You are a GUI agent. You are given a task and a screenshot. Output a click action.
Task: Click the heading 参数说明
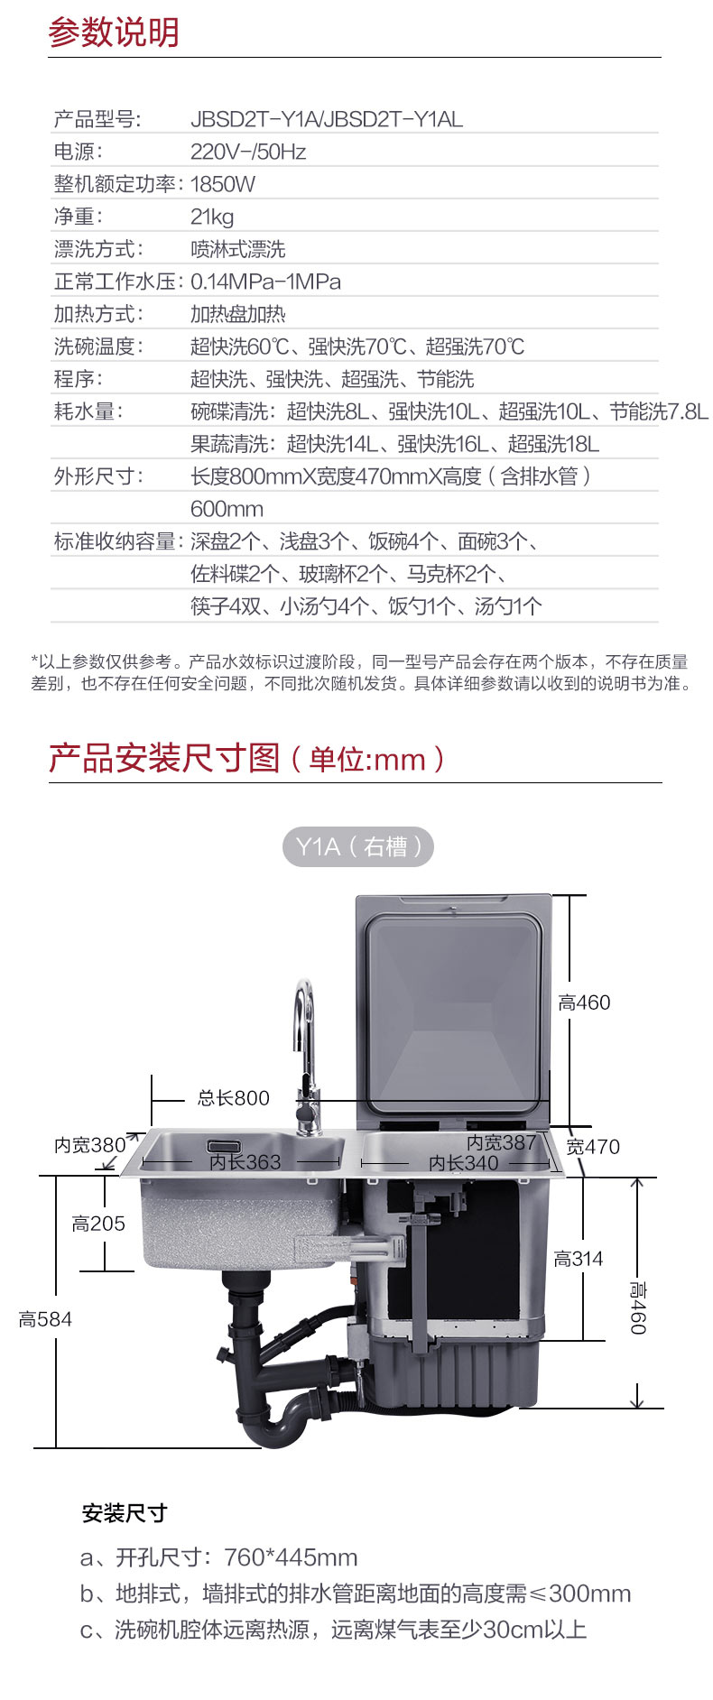(x=114, y=32)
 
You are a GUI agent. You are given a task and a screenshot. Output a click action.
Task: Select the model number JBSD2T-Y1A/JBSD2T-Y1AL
(x=326, y=119)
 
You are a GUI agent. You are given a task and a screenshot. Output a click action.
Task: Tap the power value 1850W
(x=222, y=184)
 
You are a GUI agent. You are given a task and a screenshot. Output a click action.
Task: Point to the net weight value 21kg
(x=212, y=217)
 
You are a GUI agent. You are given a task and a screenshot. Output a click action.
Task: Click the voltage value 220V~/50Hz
(x=247, y=152)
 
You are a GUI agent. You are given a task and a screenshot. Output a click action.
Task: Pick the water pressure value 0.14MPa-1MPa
(x=265, y=282)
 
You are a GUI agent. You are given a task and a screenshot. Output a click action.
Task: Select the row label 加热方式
(x=98, y=314)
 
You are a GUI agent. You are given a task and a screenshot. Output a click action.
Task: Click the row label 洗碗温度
(x=98, y=346)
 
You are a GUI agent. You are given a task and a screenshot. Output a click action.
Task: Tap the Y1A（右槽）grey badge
(x=358, y=846)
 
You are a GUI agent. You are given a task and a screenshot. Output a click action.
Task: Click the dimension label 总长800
(x=233, y=1098)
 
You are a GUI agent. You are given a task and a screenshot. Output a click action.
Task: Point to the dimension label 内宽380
(x=89, y=1145)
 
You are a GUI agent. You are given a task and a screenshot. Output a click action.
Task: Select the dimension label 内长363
(x=245, y=1162)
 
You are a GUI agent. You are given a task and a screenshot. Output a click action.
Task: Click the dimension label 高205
(x=98, y=1224)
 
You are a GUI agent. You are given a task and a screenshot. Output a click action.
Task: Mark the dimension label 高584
(x=45, y=1319)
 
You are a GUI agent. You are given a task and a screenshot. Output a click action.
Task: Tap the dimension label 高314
(x=578, y=1259)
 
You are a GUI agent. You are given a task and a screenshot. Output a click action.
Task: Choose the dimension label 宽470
(x=593, y=1147)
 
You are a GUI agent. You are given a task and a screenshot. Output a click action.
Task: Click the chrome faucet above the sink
(x=305, y=1047)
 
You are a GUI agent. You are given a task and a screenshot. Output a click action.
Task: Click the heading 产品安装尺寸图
(x=164, y=759)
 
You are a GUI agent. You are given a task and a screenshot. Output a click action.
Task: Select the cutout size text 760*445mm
(x=291, y=1557)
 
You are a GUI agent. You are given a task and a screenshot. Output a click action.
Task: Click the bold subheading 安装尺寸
(x=125, y=1513)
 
